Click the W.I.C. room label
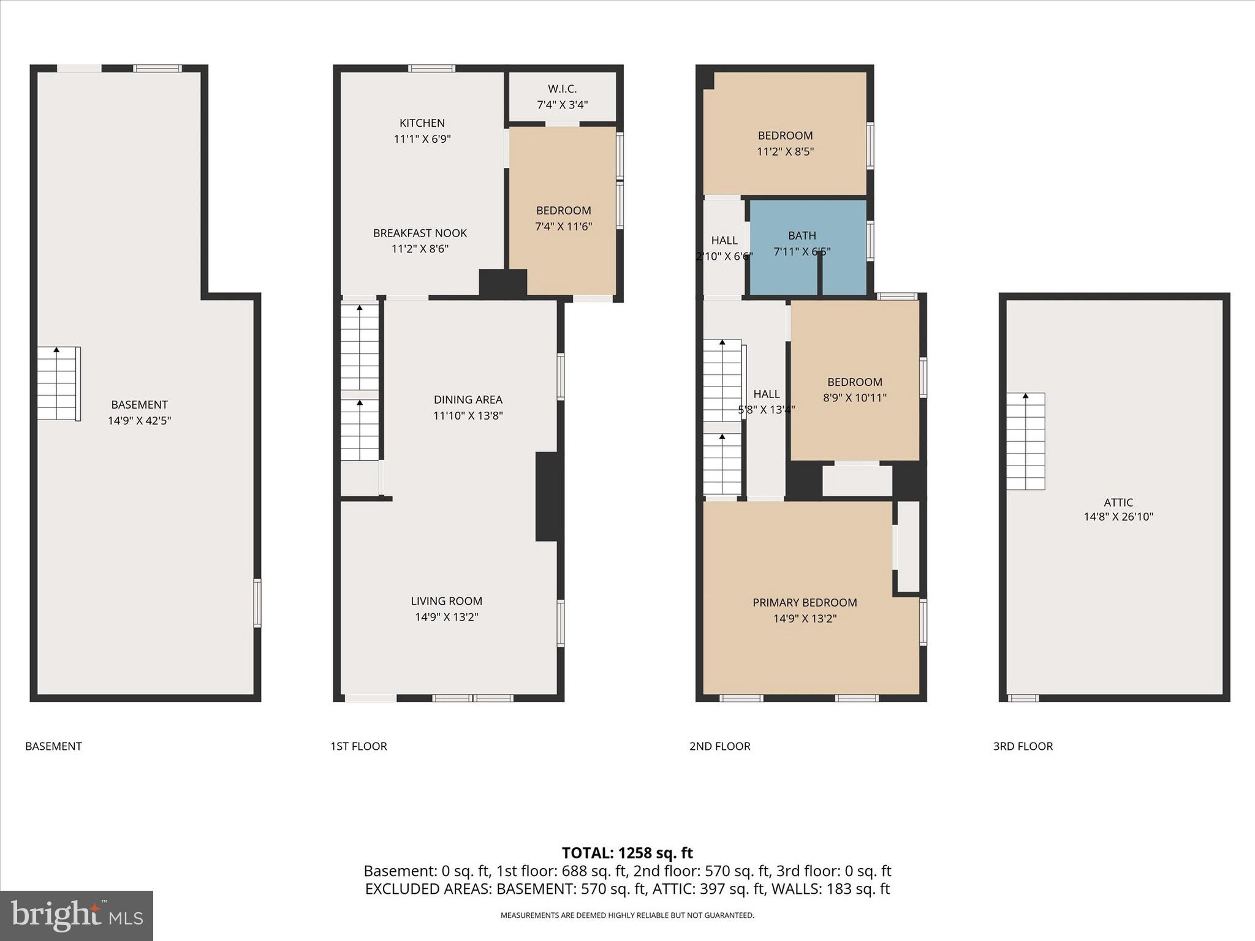(x=562, y=89)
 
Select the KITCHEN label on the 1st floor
(x=422, y=123)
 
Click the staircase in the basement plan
(x=58, y=384)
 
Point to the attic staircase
(x=1026, y=441)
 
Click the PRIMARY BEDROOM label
(x=805, y=603)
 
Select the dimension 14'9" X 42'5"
(x=139, y=421)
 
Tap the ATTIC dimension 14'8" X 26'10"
(x=1118, y=517)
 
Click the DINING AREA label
(x=468, y=400)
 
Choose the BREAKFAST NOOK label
(x=420, y=233)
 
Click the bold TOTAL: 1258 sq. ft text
(x=627, y=853)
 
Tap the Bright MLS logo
(x=77, y=915)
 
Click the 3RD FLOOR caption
(x=1023, y=746)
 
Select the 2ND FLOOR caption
(x=719, y=746)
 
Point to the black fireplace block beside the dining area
(x=548, y=496)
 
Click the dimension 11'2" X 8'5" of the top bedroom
(x=785, y=151)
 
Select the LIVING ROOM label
(x=446, y=602)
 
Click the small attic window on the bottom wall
(x=1023, y=698)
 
